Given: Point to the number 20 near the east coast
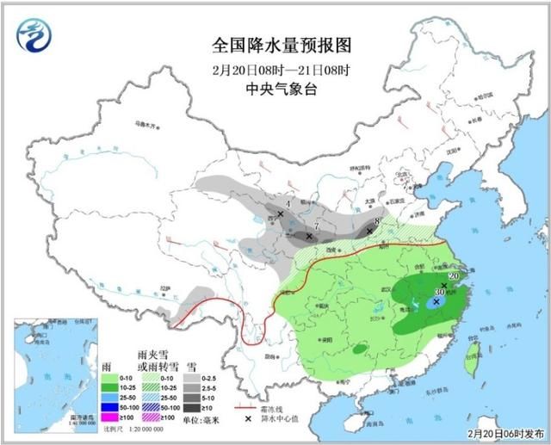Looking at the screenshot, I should pos(454,275).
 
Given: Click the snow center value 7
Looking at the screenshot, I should pos(317,226).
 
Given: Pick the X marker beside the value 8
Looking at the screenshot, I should pos(370,232).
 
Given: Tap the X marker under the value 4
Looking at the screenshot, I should pos(281,213).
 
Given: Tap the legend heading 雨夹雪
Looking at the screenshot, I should pos(152,355).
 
